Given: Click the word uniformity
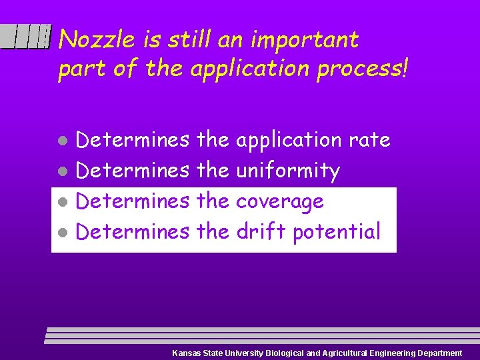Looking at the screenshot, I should click(x=288, y=171).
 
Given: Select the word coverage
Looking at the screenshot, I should click(x=279, y=201).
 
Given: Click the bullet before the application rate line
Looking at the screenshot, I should click(x=61, y=141).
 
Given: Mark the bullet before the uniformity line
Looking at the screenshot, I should click(x=61, y=172).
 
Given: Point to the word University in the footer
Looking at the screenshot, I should click(x=243, y=353).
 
